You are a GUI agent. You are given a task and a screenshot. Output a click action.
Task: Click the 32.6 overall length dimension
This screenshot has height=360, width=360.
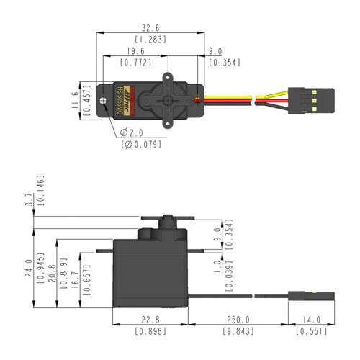[x=150, y=25]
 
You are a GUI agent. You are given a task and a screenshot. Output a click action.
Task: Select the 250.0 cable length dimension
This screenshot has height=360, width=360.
[x=237, y=320]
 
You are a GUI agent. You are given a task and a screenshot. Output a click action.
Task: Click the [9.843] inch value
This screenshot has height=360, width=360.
[x=237, y=332]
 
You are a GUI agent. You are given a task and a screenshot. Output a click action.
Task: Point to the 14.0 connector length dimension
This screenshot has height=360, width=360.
[x=312, y=320]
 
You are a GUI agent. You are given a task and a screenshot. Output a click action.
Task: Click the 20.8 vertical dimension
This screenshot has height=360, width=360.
[x=50, y=269]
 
